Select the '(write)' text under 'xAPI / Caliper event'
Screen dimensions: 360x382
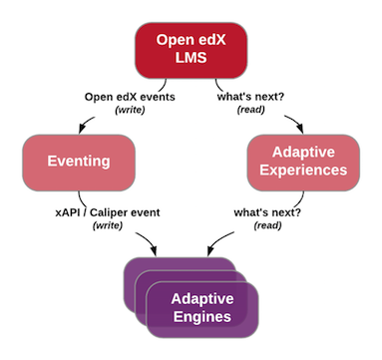pyautogui.click(x=107, y=226)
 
